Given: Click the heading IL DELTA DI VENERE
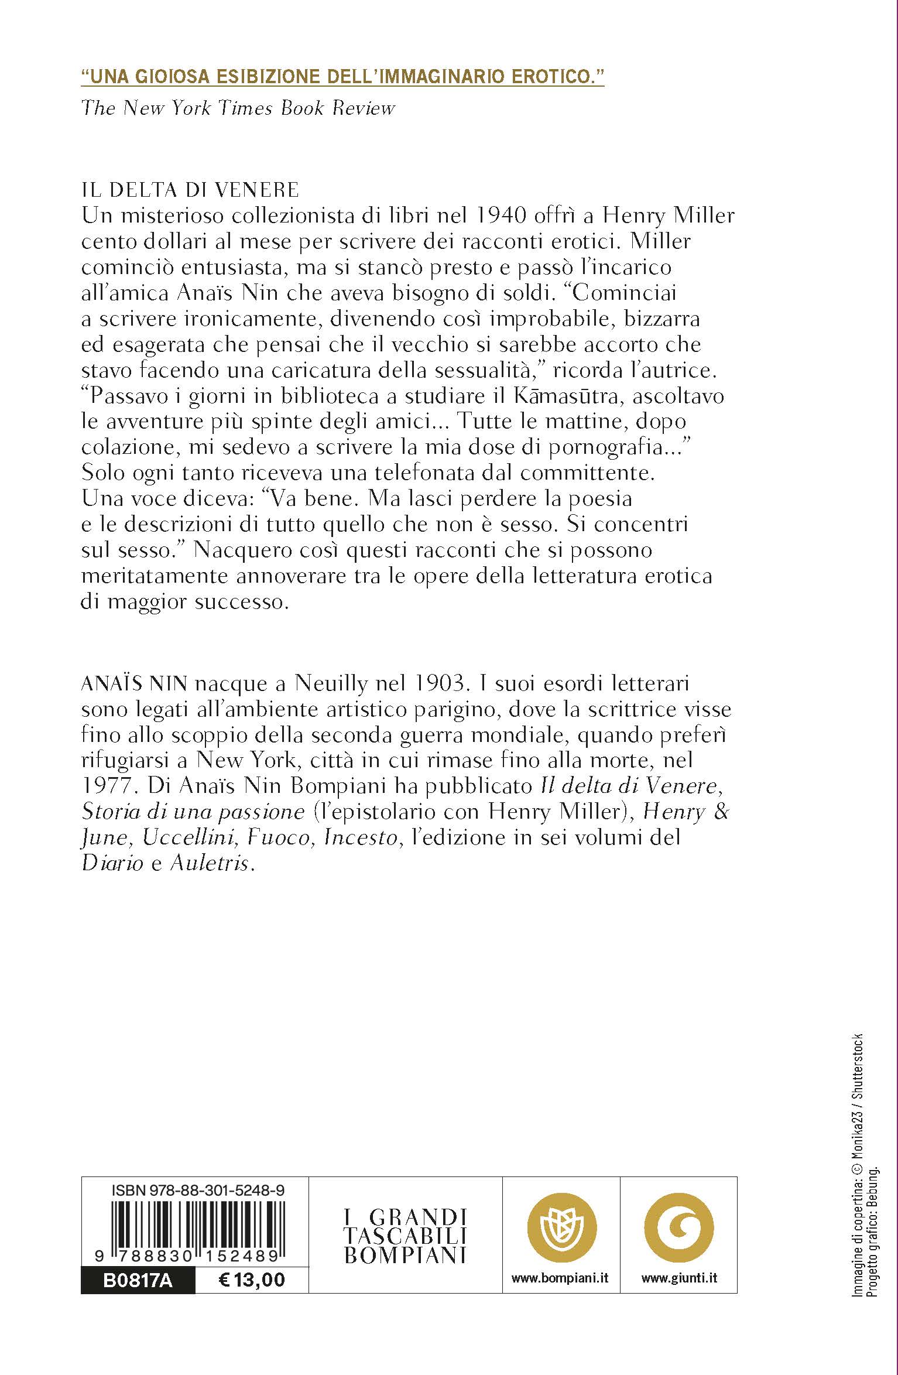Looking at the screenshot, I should click(190, 190).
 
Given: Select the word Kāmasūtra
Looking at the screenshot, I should click(564, 396).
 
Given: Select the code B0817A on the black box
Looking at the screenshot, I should click(138, 1281).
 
